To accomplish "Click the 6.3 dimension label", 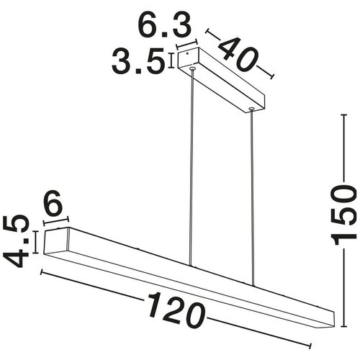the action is coord(165,25).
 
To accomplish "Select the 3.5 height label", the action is coord(138,60).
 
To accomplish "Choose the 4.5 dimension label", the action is coord(16,241).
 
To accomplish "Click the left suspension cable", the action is coord(192,168).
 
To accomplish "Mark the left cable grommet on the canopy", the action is coord(192,69).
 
